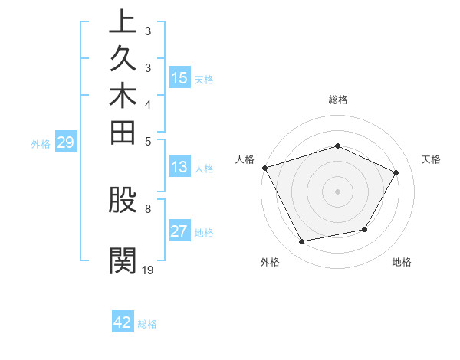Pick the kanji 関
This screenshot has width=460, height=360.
tap(122, 260)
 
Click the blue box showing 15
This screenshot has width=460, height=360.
tap(179, 77)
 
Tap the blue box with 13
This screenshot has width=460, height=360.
tap(179, 167)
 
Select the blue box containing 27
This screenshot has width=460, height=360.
tap(179, 231)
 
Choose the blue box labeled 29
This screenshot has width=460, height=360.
tap(65, 142)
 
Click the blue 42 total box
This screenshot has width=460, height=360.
tap(123, 322)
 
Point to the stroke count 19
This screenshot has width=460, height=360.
tap(148, 270)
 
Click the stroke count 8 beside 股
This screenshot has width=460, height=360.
tap(148, 208)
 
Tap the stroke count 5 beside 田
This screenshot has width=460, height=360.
tap(148, 141)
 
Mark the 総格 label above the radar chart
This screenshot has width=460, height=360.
tap(337, 100)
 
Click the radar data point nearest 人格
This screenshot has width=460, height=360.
tap(264, 168)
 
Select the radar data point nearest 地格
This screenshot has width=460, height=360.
tap(365, 229)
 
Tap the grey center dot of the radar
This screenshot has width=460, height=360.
tap(337, 191)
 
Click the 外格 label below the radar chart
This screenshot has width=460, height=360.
tap(270, 262)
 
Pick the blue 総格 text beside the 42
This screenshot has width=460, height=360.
tap(147, 323)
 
